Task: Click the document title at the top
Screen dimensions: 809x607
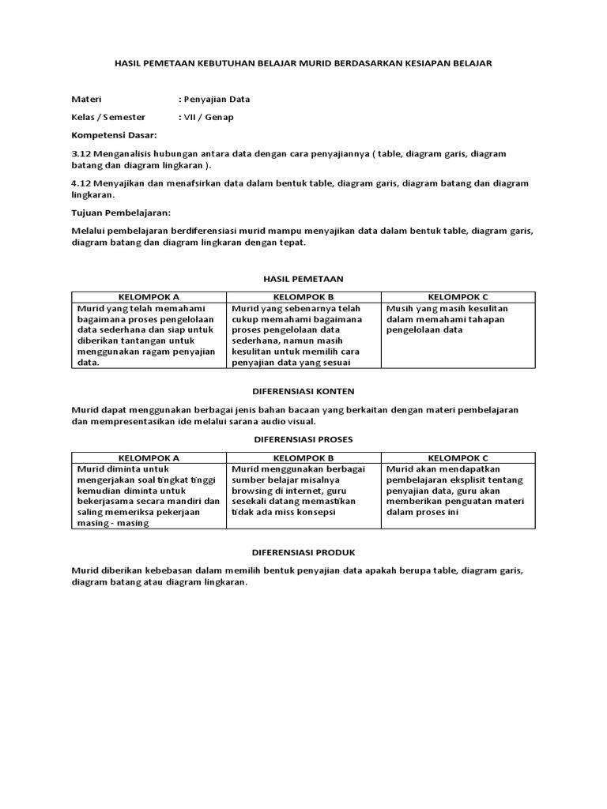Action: (x=303, y=63)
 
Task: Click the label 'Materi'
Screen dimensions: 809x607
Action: (x=86, y=100)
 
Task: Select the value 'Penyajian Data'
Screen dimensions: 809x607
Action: (x=216, y=100)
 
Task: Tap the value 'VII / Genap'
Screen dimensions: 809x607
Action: (x=208, y=117)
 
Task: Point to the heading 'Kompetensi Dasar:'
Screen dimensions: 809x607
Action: (x=114, y=135)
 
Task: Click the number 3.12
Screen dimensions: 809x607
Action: (x=81, y=153)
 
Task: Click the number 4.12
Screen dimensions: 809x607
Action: (x=81, y=183)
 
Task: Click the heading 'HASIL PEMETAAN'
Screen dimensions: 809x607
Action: (x=303, y=279)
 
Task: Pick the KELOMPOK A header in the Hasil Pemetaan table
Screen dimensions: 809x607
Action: (x=149, y=297)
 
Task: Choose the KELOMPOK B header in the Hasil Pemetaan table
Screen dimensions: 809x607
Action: (x=303, y=297)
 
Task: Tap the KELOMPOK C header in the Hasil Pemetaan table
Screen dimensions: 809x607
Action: (x=458, y=297)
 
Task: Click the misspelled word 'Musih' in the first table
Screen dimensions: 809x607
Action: (x=400, y=308)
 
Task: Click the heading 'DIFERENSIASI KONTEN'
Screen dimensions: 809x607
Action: (x=303, y=391)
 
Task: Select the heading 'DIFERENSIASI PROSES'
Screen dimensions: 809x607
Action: (x=303, y=438)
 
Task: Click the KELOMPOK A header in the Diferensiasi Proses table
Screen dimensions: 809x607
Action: (x=149, y=457)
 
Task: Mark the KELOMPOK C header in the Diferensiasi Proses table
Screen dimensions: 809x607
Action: (x=458, y=457)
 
